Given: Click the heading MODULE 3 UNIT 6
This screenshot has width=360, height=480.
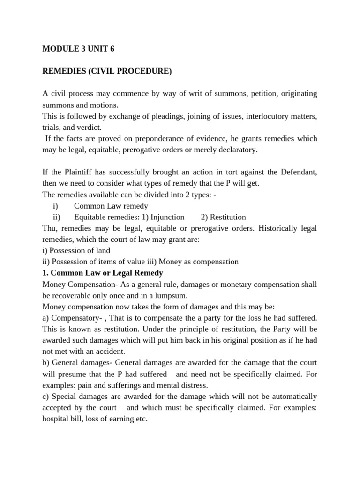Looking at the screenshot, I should pos(78,49).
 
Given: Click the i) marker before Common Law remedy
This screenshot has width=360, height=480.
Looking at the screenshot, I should pos(55,206).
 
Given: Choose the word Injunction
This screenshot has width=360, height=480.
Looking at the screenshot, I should pos(170,217).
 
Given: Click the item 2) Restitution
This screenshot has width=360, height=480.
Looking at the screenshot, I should pos(223,217).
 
